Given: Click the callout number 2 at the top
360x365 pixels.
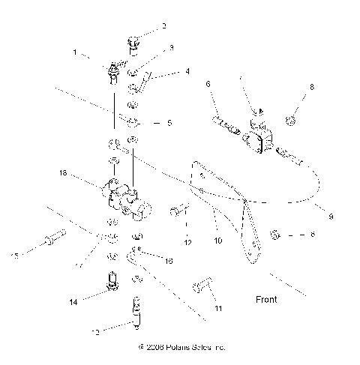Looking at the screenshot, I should click(163, 26).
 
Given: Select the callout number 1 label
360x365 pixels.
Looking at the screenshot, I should click(75, 54).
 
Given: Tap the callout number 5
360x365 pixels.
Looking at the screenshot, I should click(169, 123).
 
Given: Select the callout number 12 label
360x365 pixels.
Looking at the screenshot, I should click(187, 243).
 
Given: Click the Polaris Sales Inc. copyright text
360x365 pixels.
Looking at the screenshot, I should click(181, 348).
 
